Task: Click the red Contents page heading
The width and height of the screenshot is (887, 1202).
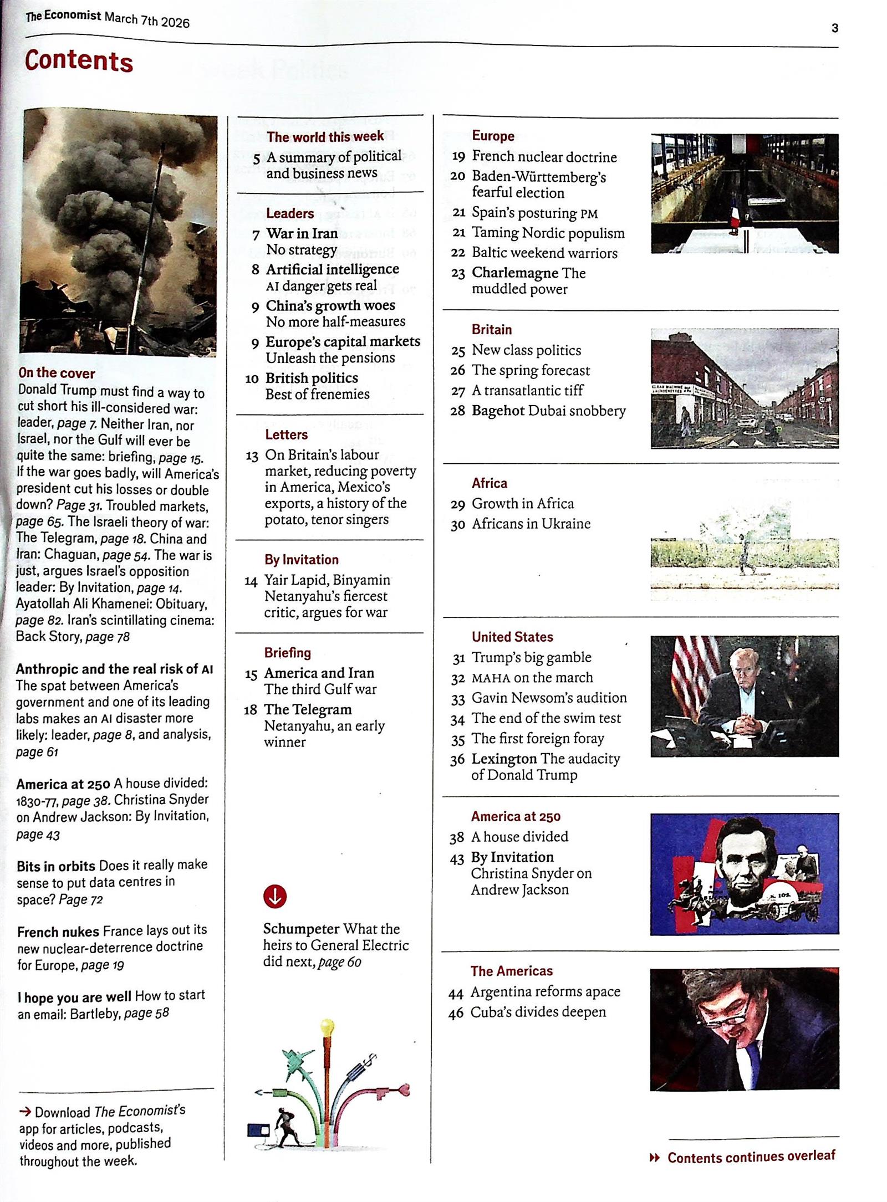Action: click(79, 60)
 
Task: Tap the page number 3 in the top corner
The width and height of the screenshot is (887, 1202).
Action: click(834, 28)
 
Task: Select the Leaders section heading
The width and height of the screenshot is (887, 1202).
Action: click(289, 213)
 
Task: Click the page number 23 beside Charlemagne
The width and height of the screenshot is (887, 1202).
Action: click(458, 274)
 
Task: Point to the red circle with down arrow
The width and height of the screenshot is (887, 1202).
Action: click(275, 896)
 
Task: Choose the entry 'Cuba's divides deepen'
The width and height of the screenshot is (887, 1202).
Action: click(538, 1012)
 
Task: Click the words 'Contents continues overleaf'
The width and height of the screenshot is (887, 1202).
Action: click(751, 1157)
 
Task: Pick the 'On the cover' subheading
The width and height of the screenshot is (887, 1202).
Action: click(57, 373)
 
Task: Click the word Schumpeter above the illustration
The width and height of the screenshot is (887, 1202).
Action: click(301, 929)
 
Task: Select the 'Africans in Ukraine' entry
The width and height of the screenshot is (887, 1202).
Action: click(531, 524)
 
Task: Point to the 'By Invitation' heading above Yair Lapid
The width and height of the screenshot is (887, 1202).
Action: click(301, 559)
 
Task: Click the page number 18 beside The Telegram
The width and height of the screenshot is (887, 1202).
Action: click(251, 710)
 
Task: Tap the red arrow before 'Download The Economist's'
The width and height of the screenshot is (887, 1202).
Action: click(25, 1111)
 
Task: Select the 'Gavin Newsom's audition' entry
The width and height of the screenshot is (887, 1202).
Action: click(549, 698)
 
